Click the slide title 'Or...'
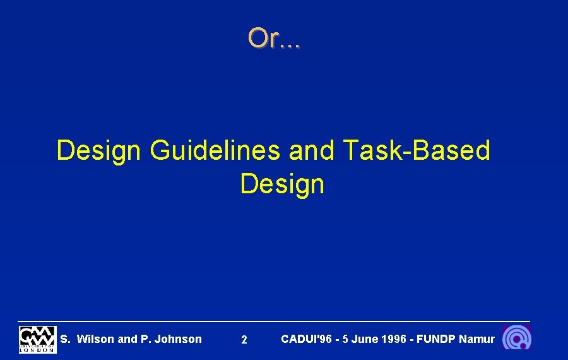274,39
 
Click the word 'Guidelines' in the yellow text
215,151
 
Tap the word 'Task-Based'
417,151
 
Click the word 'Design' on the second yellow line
282,184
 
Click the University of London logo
37,339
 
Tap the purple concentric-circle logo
517,339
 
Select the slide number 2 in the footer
244,340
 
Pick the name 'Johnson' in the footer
178,339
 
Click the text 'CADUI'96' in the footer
306,339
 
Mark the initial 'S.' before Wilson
65,339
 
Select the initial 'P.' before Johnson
145,339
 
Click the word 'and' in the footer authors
127,339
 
